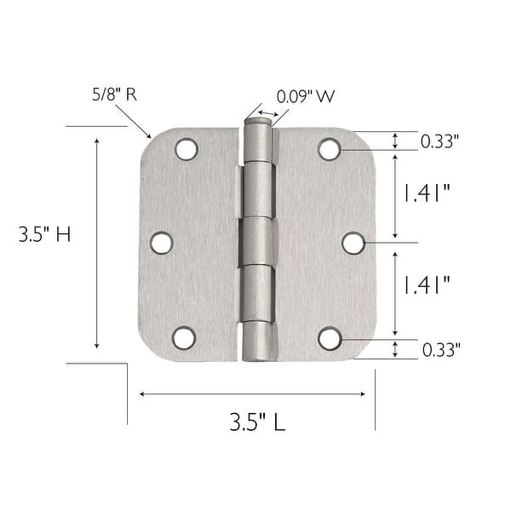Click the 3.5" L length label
point(256,422)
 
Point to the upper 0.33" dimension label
point(440,142)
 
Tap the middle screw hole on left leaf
point(161,243)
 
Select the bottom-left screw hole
point(184,338)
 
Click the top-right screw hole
point(330,149)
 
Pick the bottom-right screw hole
point(330,338)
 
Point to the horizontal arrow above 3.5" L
point(252,393)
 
